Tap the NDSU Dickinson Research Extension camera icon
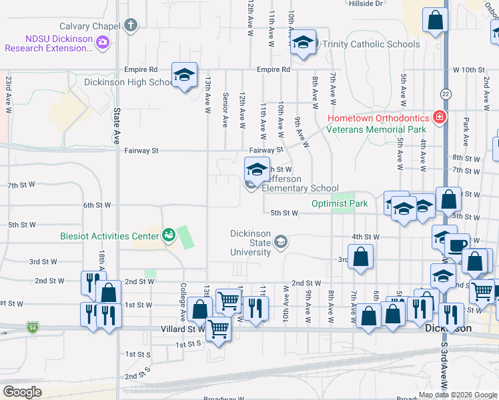[x=102, y=43]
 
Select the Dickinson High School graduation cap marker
[x=184, y=75]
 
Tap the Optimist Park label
[x=340, y=203]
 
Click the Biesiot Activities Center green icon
[x=167, y=234]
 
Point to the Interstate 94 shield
[x=33, y=327]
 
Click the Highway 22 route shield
[x=446, y=93]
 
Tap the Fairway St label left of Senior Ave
[x=141, y=151]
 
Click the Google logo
[x=22, y=391]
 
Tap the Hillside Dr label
[x=366, y=3]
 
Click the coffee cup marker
[x=458, y=245]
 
